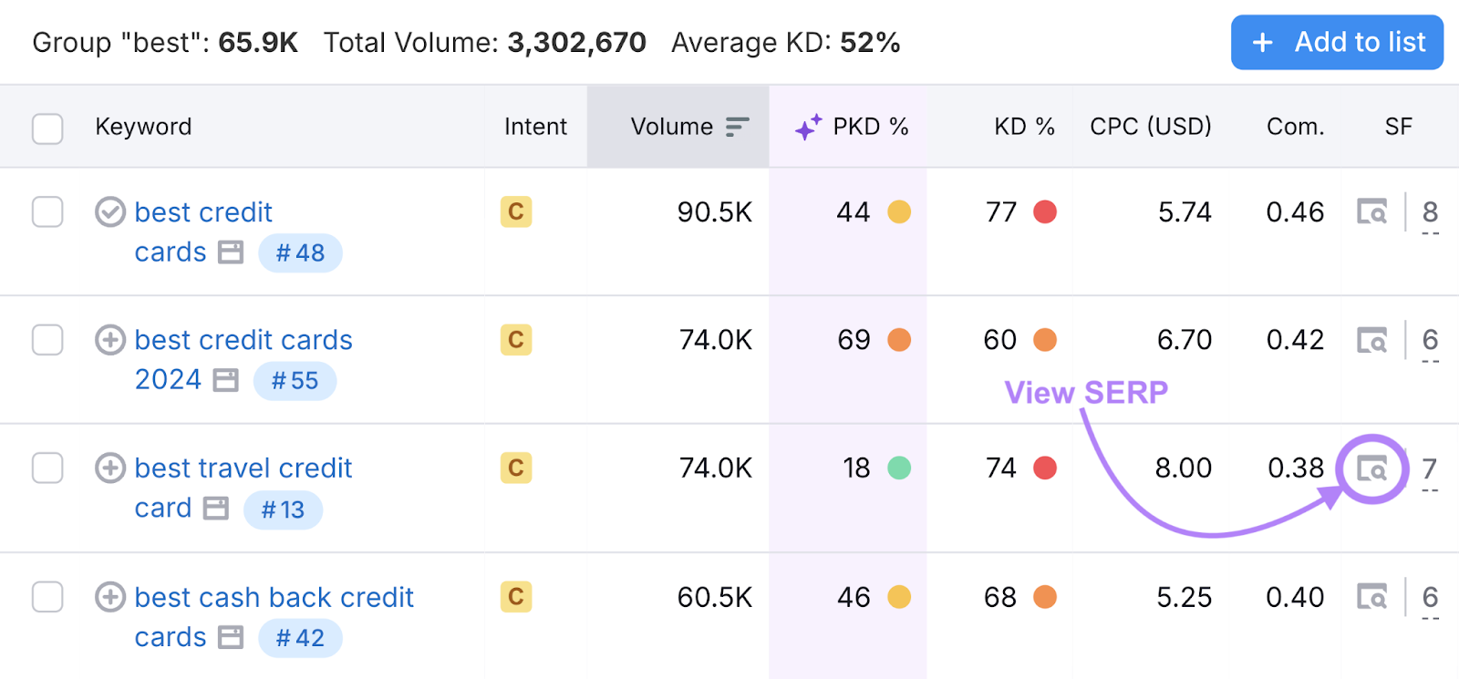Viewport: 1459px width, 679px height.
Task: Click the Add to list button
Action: pos(1337,42)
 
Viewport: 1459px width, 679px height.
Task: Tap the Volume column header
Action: pos(672,127)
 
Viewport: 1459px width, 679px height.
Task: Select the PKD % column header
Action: pos(870,127)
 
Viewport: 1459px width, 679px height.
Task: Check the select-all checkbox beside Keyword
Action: pos(47,129)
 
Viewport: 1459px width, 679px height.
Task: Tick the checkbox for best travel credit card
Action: pos(47,468)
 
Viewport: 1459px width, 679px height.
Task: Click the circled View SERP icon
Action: pos(1371,468)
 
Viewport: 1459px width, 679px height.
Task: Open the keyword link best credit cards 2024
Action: pos(243,341)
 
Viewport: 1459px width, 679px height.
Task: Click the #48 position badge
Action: pos(300,253)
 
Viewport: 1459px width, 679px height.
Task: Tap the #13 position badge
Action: pos(283,509)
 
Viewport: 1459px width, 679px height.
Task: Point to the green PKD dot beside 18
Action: pos(899,468)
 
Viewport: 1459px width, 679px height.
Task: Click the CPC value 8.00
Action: pos(1183,468)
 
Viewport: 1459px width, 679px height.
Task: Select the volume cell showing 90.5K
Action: pos(714,212)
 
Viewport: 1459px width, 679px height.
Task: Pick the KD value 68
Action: pos(999,598)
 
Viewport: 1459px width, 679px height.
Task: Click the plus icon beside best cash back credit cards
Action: pos(110,598)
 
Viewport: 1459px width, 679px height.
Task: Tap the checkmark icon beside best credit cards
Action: pos(110,212)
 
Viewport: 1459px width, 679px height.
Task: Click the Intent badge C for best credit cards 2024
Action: pos(515,340)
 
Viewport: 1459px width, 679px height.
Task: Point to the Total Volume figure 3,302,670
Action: pos(576,43)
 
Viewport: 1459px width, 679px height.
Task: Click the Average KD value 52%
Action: pos(870,43)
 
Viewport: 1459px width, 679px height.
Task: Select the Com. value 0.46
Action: pos(1295,212)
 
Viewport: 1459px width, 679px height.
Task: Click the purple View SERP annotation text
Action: pos(1086,393)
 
